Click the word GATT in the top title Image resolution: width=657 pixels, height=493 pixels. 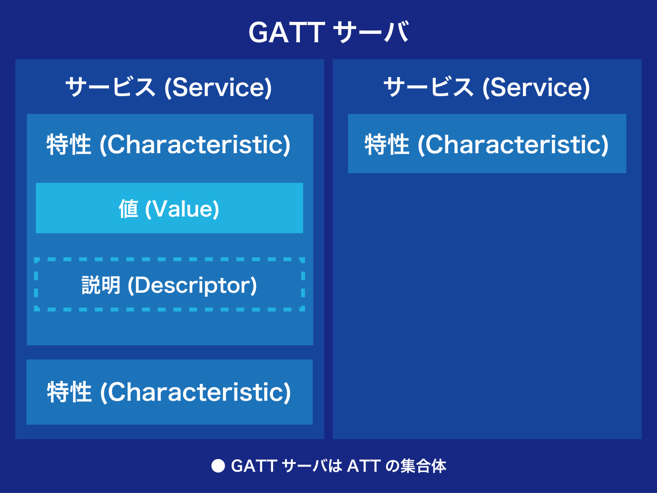(287, 32)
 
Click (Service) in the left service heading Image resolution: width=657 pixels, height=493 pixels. (218, 87)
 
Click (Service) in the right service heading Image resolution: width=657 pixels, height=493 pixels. (536, 87)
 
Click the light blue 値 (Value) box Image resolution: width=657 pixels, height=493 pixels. (169, 225)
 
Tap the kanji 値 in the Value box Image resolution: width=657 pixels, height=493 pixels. (129, 209)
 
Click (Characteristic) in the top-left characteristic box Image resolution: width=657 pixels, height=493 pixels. (195, 145)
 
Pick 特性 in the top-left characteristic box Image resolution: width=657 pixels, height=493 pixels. (69, 145)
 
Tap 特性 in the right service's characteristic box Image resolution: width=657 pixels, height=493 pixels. (387, 145)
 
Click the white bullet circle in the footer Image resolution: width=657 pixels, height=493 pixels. (218, 466)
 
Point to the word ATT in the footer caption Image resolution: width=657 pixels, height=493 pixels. (364, 466)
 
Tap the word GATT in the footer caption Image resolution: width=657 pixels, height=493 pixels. (254, 466)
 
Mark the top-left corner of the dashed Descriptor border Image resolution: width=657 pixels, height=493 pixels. (36, 259)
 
